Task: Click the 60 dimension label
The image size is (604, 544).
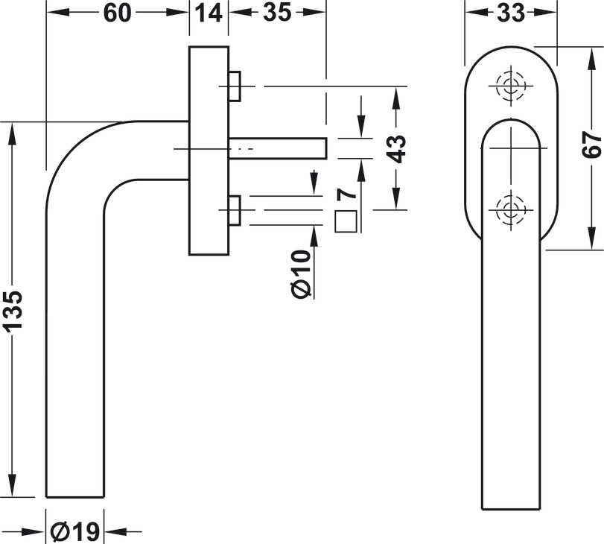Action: point(117,13)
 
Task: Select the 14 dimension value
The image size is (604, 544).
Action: point(209,13)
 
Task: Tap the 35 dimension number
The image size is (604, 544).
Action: point(277,13)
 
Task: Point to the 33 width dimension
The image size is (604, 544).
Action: point(511,13)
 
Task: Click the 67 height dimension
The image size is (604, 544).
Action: point(591,145)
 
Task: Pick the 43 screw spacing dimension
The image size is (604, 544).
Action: point(396,149)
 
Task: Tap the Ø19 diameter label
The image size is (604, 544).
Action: point(75,532)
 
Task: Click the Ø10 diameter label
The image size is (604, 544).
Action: point(301,274)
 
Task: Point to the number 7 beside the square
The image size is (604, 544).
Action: point(346,194)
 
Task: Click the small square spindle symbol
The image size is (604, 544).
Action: point(346,221)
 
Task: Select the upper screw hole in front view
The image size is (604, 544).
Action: point(511,86)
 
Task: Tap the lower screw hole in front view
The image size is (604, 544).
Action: point(511,210)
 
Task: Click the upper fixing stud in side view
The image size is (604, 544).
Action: point(235,86)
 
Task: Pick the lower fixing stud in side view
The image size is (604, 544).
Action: point(235,210)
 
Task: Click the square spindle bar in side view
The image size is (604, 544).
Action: point(278,148)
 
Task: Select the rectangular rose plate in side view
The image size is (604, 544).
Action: point(209,151)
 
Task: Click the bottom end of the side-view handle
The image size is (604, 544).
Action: point(75,497)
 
